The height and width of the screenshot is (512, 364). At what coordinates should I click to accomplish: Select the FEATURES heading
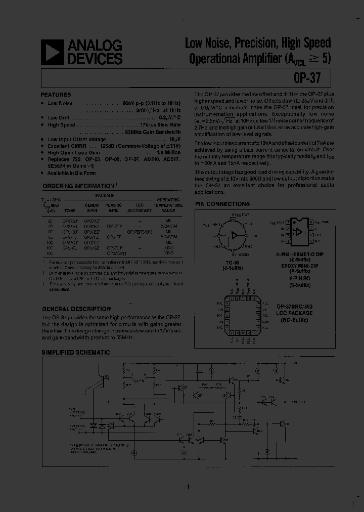(x=56, y=95)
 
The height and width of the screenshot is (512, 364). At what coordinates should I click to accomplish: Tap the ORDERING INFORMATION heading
(x=78, y=186)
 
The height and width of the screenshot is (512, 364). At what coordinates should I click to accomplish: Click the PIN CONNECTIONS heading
(x=222, y=204)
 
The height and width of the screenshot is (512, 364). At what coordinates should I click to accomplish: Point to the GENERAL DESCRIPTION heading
(x=76, y=309)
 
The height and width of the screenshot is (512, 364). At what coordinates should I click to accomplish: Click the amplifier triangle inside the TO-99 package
(x=235, y=235)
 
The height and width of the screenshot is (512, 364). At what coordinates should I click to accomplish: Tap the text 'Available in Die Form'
(x=72, y=173)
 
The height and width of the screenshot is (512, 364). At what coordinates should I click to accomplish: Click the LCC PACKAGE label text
(x=295, y=313)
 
